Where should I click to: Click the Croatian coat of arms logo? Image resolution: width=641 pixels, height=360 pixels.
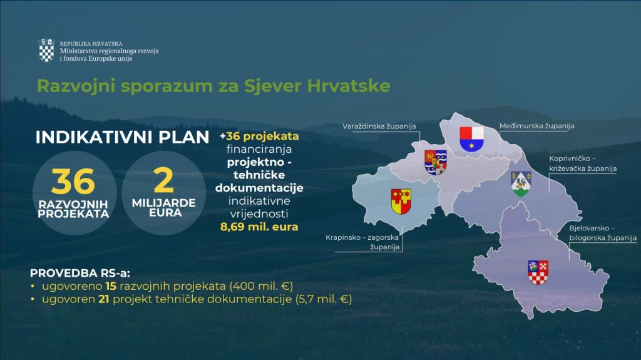46,50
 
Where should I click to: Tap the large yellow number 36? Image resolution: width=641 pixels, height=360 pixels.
74,181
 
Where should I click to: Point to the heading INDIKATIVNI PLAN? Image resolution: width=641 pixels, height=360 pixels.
122,137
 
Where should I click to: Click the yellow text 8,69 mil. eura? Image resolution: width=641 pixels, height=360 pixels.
259,227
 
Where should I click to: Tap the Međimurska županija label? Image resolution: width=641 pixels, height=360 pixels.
536,126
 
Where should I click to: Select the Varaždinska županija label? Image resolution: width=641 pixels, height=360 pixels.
379,126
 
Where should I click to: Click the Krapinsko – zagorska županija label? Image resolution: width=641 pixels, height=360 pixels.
362,242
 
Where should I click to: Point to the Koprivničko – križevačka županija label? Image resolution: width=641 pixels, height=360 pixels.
583,163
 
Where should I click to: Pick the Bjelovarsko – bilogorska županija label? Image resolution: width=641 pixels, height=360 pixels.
603,233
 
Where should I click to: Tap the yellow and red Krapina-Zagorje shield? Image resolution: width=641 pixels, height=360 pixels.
401,201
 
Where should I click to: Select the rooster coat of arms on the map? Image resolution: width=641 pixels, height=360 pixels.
521,183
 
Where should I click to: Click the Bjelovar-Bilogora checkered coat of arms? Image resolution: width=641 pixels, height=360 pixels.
538,272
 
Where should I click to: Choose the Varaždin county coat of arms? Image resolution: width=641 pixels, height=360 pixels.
436,162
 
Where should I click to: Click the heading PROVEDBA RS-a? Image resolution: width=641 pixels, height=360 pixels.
80,273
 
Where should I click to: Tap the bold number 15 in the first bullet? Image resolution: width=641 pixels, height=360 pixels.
111,286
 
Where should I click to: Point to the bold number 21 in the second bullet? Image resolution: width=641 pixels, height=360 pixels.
103,299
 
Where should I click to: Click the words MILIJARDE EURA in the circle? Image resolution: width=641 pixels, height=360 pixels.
164,208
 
